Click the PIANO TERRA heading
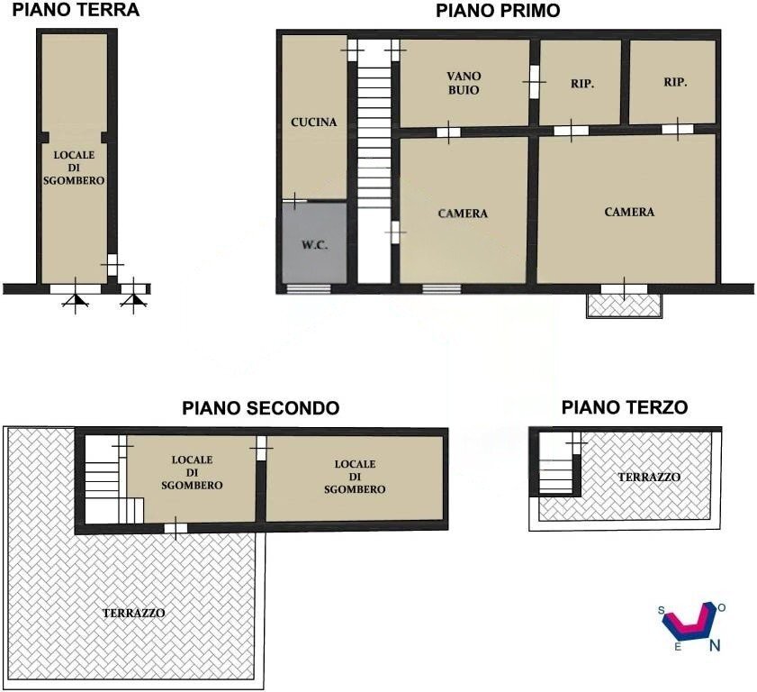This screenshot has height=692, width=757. tap(75, 11)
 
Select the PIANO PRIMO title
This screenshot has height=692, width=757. tap(498, 11)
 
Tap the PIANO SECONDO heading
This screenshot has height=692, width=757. tap(261, 408)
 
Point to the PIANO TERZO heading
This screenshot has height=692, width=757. tap(625, 408)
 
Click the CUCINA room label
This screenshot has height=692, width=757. tap(313, 122)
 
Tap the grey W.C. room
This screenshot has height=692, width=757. tap(314, 244)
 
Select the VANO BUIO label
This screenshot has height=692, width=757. tap(463, 84)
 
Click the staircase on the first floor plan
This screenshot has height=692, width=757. tap(374, 162)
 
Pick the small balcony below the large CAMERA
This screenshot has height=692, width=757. tap(624, 305)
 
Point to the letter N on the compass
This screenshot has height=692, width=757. tap(715, 645)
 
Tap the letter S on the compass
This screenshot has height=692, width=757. tap(662, 611)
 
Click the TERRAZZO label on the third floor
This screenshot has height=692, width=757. tap(648, 477)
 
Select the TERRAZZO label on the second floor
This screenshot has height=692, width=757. tap(133, 612)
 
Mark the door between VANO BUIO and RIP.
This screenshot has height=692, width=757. tap(534, 82)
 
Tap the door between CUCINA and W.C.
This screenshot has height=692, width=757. tap(294, 200)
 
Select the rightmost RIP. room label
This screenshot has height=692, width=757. tap(675, 82)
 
